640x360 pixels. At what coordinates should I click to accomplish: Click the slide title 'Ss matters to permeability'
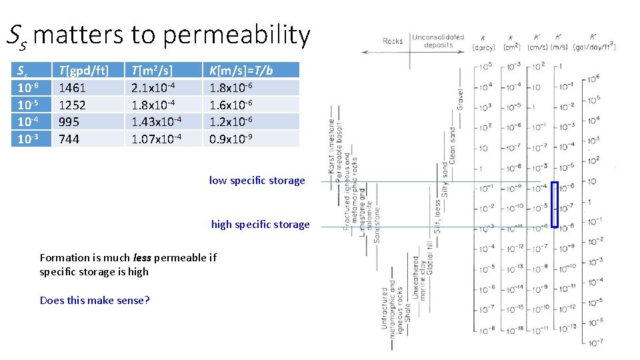click(x=159, y=35)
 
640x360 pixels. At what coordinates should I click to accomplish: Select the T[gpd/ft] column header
click(x=83, y=70)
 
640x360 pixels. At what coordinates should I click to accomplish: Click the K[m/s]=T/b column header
click(x=241, y=70)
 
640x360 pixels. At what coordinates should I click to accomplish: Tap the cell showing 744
click(x=69, y=139)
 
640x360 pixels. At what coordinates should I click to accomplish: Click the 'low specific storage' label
click(x=257, y=180)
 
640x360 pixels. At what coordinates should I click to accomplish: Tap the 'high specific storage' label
click(x=260, y=224)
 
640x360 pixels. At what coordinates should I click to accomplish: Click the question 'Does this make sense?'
click(x=95, y=300)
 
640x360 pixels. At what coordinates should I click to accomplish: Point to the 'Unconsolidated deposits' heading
click(x=437, y=41)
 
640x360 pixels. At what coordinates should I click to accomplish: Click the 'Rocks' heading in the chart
click(x=393, y=41)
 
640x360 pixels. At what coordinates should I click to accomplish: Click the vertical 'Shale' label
click(x=407, y=310)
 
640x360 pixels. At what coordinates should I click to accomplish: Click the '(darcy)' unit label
click(x=483, y=47)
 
